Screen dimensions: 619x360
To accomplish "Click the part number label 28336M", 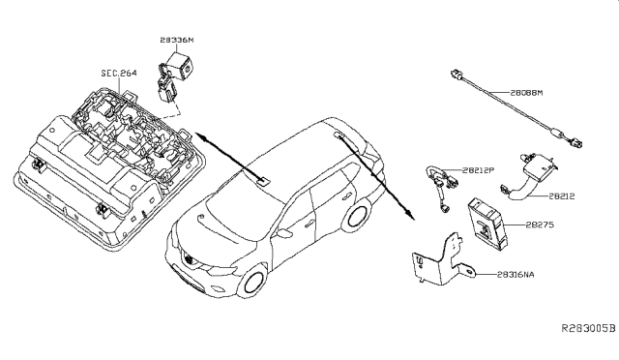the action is [177, 40].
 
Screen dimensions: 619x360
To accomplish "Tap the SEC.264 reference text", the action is [119, 74].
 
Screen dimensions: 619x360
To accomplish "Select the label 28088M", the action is [526, 93].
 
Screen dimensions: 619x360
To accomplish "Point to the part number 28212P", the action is [478, 170].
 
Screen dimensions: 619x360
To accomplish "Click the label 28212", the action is [561, 196].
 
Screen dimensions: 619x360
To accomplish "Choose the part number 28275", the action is [540, 225].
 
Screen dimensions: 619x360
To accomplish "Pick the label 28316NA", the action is [516, 274].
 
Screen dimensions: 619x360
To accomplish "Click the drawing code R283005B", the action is [589, 328].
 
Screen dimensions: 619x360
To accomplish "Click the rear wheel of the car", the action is [356, 216].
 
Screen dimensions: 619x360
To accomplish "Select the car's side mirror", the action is [284, 232].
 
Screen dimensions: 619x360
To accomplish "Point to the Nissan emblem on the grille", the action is [190, 259].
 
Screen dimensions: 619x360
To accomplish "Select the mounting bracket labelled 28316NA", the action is [444, 260].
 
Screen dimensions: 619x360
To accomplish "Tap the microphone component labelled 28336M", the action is [175, 76].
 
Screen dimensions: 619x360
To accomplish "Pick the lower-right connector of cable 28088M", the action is [575, 142].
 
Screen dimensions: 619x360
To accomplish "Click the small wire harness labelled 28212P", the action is [442, 187].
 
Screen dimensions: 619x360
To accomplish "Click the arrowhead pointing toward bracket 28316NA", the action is [410, 215].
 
